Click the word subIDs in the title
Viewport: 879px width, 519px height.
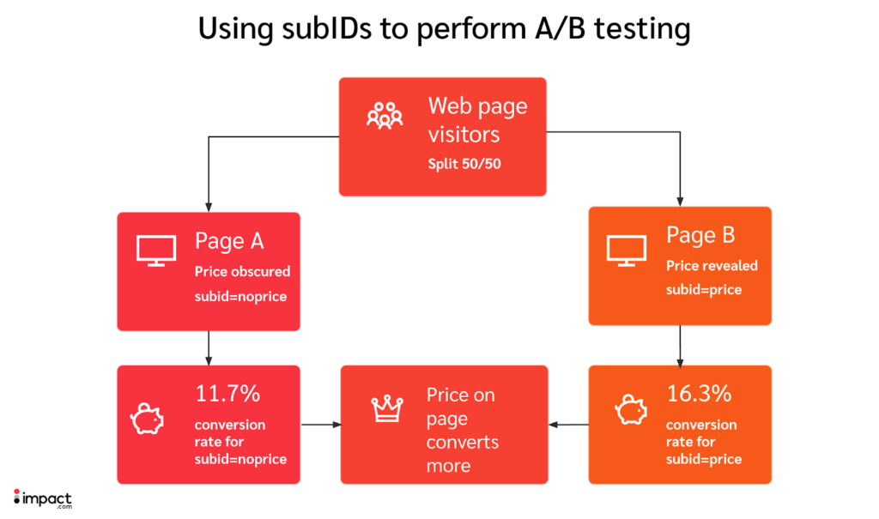click(318, 28)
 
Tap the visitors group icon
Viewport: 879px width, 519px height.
click(385, 115)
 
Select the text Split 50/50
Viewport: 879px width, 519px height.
click(464, 163)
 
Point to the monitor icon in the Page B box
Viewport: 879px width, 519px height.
click(626, 248)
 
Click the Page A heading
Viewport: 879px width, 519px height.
click(231, 241)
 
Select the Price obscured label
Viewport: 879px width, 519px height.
click(243, 271)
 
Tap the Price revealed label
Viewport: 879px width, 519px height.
click(712, 266)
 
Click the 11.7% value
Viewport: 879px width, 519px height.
click(227, 395)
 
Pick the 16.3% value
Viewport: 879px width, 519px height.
click(699, 394)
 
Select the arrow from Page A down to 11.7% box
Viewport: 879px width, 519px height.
click(209, 347)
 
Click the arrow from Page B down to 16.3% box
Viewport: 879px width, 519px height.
click(680, 345)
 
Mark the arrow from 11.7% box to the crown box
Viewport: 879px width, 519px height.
click(319, 424)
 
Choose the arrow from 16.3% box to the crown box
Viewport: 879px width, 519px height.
click(567, 424)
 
